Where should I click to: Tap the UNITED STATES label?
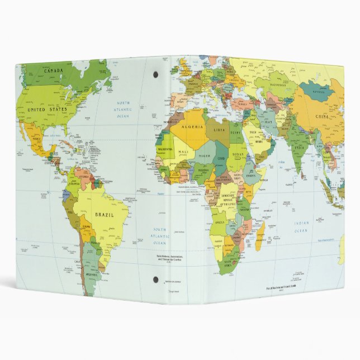pyautogui.click(x=48, y=110)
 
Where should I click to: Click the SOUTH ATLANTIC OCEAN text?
pyautogui.click(x=160, y=236)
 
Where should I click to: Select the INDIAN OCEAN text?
pyautogui.click(x=301, y=226)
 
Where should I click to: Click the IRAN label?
pyautogui.click(x=269, y=122)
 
